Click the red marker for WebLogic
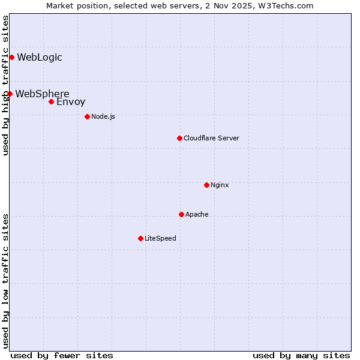(x=11, y=57)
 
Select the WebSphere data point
(x=10, y=94)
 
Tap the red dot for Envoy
(x=51, y=101)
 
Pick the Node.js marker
(x=87, y=116)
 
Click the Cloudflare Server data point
(x=179, y=138)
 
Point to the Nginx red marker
(x=206, y=185)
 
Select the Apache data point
(x=181, y=214)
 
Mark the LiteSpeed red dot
(x=140, y=238)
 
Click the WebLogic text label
(x=40, y=58)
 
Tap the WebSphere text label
(x=42, y=94)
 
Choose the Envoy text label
(x=71, y=102)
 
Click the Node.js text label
(x=103, y=116)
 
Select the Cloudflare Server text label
(x=211, y=138)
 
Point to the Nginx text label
(x=220, y=185)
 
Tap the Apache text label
(x=197, y=214)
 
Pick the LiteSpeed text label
(x=160, y=238)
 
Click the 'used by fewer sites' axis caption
(x=62, y=355)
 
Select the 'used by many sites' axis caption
(x=301, y=355)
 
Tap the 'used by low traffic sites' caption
(x=5, y=280)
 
